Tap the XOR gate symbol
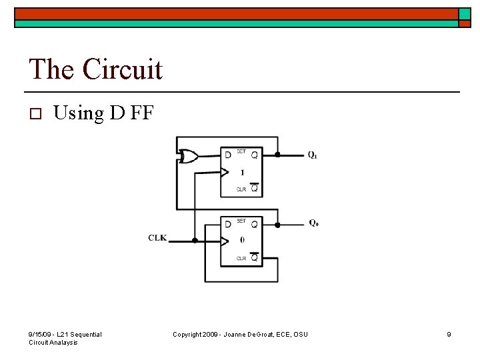click(x=189, y=157)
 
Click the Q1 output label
click(x=312, y=155)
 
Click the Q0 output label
click(x=313, y=223)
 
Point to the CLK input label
click(x=157, y=237)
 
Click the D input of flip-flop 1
click(x=228, y=155)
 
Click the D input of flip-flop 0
click(x=228, y=224)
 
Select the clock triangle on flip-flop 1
click(x=225, y=173)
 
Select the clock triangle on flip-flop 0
click(x=225, y=241)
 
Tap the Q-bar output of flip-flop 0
click(x=254, y=257)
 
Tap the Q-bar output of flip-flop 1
click(x=254, y=189)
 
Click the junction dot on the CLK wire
click(x=195, y=240)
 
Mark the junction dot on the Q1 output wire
click(x=278, y=155)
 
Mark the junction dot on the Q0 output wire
click(x=278, y=224)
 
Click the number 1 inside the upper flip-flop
click(x=242, y=173)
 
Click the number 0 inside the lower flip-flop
click(x=242, y=241)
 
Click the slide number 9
click(x=449, y=334)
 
